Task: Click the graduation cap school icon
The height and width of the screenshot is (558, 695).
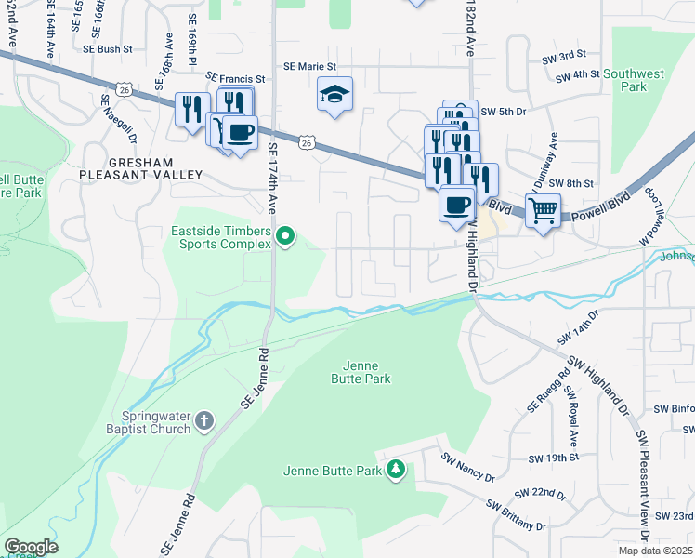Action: click(335, 94)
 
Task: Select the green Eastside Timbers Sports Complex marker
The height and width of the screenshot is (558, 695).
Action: click(286, 240)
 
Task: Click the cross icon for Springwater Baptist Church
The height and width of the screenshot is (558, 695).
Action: click(205, 422)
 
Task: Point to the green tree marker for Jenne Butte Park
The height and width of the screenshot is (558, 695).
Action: click(397, 445)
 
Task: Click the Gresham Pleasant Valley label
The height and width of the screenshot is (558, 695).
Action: click(140, 167)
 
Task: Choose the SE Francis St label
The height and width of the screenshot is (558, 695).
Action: click(236, 79)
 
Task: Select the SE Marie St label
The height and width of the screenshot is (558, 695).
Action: click(309, 67)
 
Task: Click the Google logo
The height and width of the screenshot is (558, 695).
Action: click(31, 547)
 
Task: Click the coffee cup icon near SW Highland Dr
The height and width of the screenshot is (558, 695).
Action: click(455, 204)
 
